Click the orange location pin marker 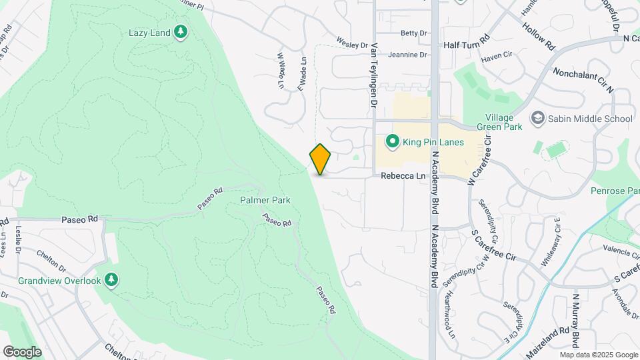[320, 159]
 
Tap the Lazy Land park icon [180, 32]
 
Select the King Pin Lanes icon [393, 141]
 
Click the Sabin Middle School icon [537, 119]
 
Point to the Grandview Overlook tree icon [112, 281]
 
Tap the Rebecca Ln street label [403, 176]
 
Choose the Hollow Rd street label [539, 37]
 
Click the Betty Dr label [413, 33]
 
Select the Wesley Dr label [352, 44]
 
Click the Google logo [22, 351]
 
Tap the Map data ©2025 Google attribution [599, 355]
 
